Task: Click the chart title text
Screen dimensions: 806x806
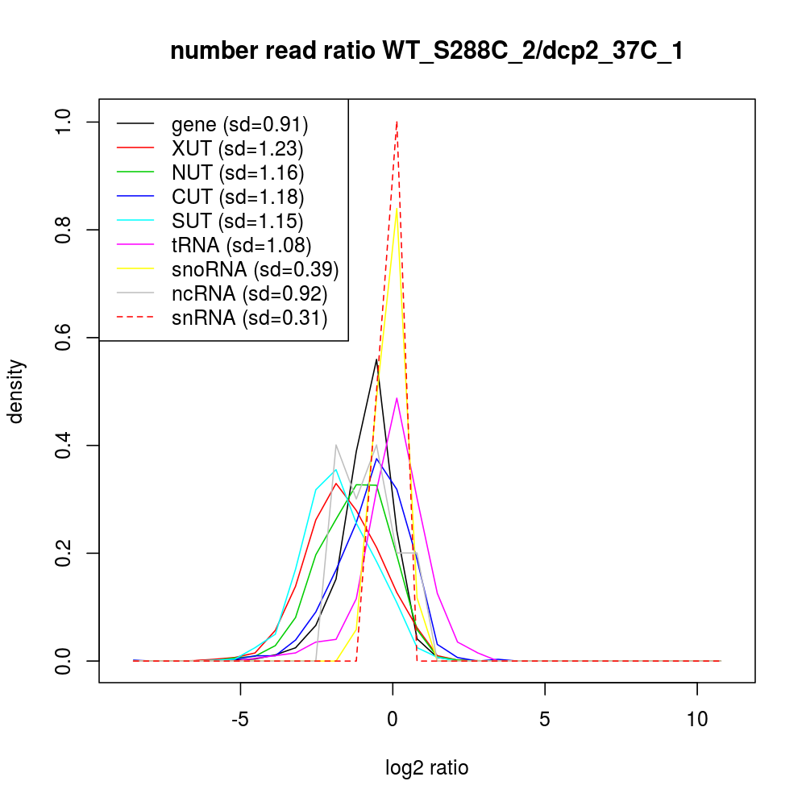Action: (x=427, y=52)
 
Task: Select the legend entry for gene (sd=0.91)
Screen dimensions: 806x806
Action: (x=240, y=125)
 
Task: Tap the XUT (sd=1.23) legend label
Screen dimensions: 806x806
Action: (x=237, y=149)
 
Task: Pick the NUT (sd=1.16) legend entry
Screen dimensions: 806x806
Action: (x=237, y=173)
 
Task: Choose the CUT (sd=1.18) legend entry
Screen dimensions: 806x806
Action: (x=237, y=197)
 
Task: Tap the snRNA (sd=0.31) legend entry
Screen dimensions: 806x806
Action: (x=249, y=318)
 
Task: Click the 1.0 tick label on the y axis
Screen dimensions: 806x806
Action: (x=64, y=122)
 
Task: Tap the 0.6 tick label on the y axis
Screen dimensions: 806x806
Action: (x=64, y=338)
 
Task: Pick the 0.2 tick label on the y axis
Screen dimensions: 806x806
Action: (x=64, y=553)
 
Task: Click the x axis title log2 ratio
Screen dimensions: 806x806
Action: (x=427, y=768)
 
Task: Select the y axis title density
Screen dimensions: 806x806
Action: (x=17, y=391)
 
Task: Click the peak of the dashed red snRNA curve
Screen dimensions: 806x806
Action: (x=397, y=122)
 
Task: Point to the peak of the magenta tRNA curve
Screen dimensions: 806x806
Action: (x=397, y=398)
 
